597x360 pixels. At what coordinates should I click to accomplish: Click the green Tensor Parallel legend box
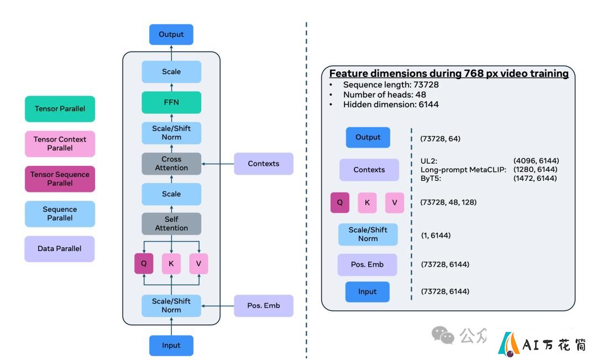pyautogui.click(x=60, y=109)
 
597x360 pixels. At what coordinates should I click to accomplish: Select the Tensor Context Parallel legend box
pyautogui.click(x=60, y=144)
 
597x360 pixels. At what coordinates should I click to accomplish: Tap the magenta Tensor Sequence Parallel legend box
pyautogui.click(x=60, y=179)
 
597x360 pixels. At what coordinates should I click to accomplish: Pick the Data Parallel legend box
pyautogui.click(x=59, y=249)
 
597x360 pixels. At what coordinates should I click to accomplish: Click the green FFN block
pyautogui.click(x=171, y=102)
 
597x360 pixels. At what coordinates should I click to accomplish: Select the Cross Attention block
pyautogui.click(x=171, y=164)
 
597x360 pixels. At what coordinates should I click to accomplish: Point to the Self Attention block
pyautogui.click(x=171, y=223)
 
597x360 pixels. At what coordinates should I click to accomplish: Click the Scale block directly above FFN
pyautogui.click(x=171, y=72)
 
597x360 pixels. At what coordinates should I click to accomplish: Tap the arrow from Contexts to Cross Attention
pyautogui.click(x=218, y=164)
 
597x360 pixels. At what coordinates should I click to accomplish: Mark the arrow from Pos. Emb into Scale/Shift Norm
pyautogui.click(x=218, y=306)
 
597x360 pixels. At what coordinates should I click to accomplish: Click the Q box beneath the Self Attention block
pyautogui.click(x=144, y=264)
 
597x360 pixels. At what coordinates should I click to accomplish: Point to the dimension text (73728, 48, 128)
pyautogui.click(x=448, y=202)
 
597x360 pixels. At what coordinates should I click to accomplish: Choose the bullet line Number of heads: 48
pyautogui.click(x=385, y=95)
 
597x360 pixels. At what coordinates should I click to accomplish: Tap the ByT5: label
pyautogui.click(x=431, y=178)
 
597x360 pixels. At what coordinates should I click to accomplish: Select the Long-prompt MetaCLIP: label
pyautogui.click(x=463, y=170)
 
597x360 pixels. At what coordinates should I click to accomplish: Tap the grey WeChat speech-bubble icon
pyautogui.click(x=443, y=335)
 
